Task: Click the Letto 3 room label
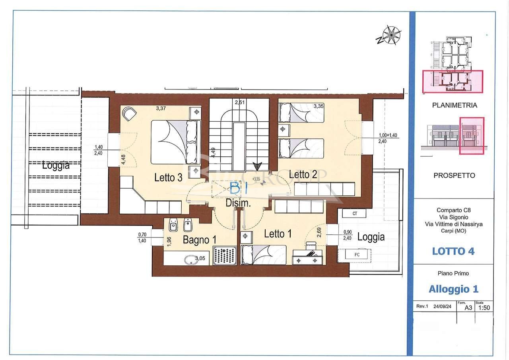(x=168, y=178)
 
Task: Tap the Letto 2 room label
(x=303, y=174)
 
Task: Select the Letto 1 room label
(x=278, y=234)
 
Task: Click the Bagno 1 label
(x=200, y=240)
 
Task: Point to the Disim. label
(x=238, y=203)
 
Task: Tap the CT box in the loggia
(x=355, y=214)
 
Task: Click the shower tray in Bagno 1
(x=225, y=255)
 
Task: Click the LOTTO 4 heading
(x=453, y=251)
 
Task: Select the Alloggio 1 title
(x=453, y=289)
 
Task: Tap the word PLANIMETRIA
(x=455, y=105)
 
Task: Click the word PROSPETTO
(x=454, y=175)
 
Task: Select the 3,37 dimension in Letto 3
(x=161, y=107)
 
